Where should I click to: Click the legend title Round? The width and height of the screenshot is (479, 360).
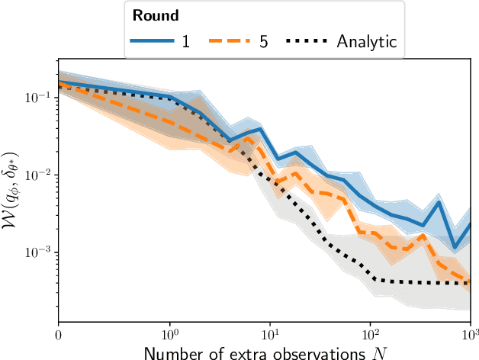pos(156,15)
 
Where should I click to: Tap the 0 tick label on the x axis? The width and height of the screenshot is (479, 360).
pos(59,333)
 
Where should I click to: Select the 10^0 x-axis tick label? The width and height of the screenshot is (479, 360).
pos(172,333)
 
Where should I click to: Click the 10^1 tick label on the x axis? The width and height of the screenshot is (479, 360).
pos(270,333)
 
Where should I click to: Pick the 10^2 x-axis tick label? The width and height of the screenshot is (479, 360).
pos(370,333)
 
